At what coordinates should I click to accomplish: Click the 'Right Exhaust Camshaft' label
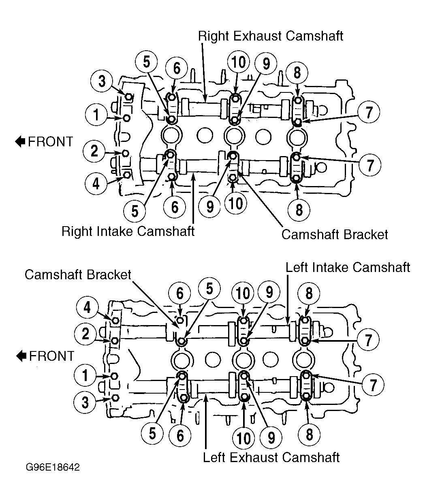coord(271,36)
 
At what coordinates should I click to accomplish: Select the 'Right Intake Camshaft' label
coord(128,231)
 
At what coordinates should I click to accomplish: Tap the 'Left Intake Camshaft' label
coord(348,268)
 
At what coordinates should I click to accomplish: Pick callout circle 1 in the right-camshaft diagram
coord(96,114)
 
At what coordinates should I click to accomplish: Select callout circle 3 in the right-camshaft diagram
coord(102,81)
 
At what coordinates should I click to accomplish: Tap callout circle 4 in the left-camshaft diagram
coord(87,307)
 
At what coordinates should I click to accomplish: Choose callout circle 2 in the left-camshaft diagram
coord(85,334)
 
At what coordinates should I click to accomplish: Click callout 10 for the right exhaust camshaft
coord(239,62)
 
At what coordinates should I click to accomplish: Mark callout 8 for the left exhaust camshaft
coord(309,435)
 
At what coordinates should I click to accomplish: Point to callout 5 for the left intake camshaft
coord(209,289)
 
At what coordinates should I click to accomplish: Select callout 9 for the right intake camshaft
coord(210,206)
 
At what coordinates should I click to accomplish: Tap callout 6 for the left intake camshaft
coord(179,293)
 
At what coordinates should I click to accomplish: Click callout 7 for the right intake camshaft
coord(370,165)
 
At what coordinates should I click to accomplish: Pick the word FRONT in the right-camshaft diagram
coord(50,141)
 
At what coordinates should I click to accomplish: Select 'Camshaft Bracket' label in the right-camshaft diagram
coord(335,234)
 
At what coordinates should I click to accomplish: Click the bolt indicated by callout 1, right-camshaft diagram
coord(127,118)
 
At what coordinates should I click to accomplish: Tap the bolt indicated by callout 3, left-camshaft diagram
coord(115,398)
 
